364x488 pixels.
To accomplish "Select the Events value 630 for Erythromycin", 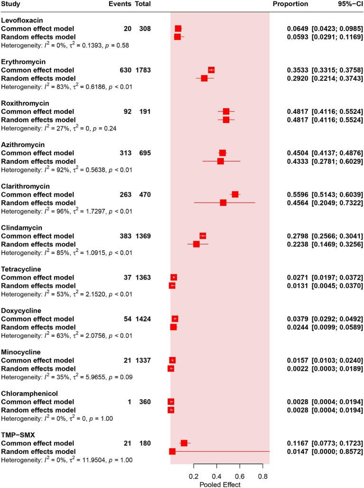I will click(x=123, y=70).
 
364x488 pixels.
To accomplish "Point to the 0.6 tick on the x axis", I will click(x=240, y=476).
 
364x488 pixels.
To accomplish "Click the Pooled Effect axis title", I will click(x=220, y=484).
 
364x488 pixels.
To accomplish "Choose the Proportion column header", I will click(x=290, y=4).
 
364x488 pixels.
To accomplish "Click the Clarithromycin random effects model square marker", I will click(x=223, y=203).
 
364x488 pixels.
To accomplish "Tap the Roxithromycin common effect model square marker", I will click(x=226, y=112).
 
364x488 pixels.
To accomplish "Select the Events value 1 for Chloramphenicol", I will click(x=130, y=402).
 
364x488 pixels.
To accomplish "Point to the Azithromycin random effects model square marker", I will click(x=221, y=161).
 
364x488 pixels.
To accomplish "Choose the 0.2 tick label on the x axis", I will click(x=194, y=476).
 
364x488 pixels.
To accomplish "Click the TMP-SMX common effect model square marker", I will click(x=184, y=443).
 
